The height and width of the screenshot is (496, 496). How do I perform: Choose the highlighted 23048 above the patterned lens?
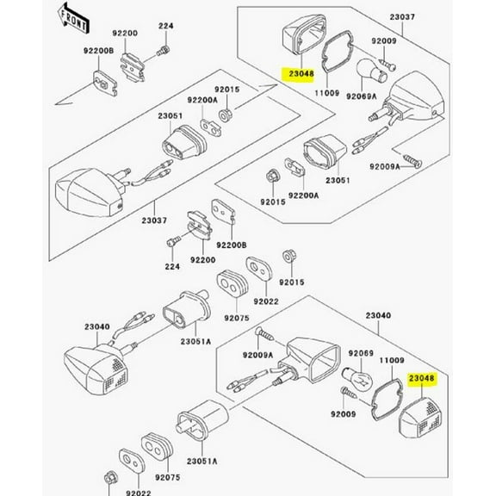(423, 377)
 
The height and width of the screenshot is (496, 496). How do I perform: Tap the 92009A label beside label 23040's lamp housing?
(257, 354)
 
